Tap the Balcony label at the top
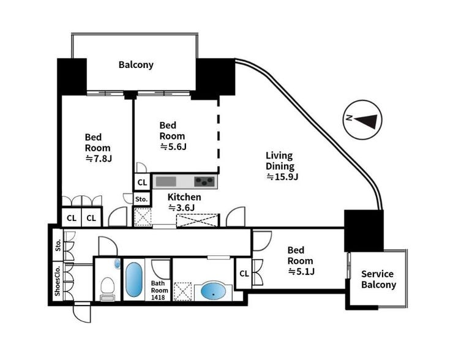tap(136, 64)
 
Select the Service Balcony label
tap(378, 279)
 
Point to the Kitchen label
tap(184, 197)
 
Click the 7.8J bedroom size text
tap(99, 159)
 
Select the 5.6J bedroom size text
tap(173, 146)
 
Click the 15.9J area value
tap(282, 177)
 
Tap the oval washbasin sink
tap(213, 291)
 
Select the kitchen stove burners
tap(205, 181)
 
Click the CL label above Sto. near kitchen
tap(142, 182)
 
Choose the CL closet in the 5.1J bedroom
tap(244, 273)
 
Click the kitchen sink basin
tap(166, 181)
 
